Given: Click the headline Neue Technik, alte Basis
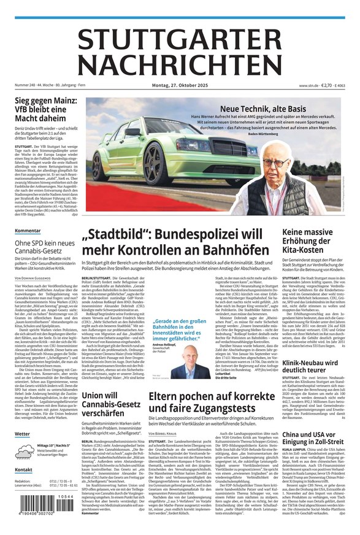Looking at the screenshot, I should click(262, 108).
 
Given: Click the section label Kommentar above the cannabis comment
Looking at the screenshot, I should click(28, 231).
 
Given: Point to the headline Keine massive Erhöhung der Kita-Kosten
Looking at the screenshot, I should click(315, 244).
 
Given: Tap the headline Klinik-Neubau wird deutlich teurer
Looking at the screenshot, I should click(312, 366).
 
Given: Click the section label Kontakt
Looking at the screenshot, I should click(24, 470).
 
